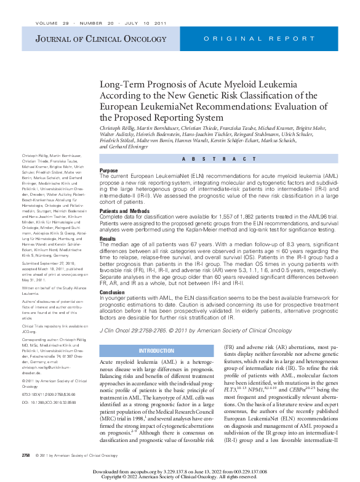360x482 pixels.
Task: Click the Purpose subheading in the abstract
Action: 109,171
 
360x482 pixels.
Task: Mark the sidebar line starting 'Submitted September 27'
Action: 49,279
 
